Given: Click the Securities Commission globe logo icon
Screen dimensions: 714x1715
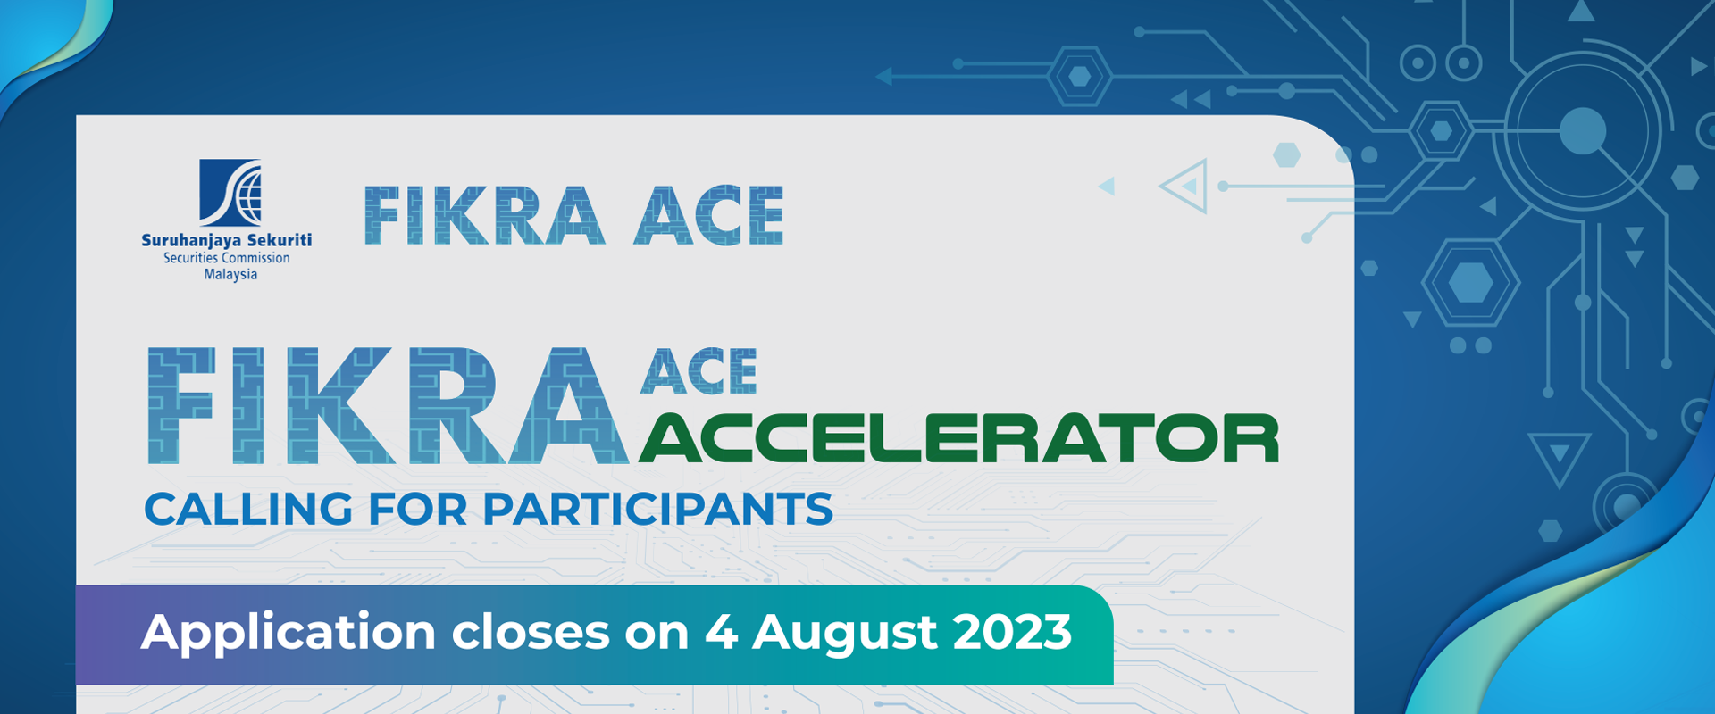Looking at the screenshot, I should [x=230, y=192].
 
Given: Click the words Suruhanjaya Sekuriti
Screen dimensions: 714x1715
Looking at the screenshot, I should [x=227, y=240].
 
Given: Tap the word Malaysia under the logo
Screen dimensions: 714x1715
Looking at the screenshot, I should [x=230, y=275].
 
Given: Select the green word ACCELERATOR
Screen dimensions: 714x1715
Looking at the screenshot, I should [x=958, y=439].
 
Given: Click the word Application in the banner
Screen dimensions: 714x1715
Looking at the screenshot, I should [x=289, y=633].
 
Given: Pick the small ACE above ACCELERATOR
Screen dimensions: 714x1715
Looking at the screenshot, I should [x=699, y=371].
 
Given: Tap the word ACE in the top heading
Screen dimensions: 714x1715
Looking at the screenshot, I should [x=708, y=216].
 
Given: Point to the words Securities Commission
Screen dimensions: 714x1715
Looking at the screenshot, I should [x=227, y=258].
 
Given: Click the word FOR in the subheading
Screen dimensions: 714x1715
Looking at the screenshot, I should [x=417, y=510].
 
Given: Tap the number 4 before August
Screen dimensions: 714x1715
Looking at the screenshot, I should [x=720, y=633].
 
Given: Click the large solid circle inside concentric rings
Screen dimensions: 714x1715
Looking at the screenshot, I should [x=1583, y=131].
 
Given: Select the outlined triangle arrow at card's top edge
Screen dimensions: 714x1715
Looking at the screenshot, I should [x=1184, y=187].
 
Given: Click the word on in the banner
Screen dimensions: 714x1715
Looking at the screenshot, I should [x=657, y=633].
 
